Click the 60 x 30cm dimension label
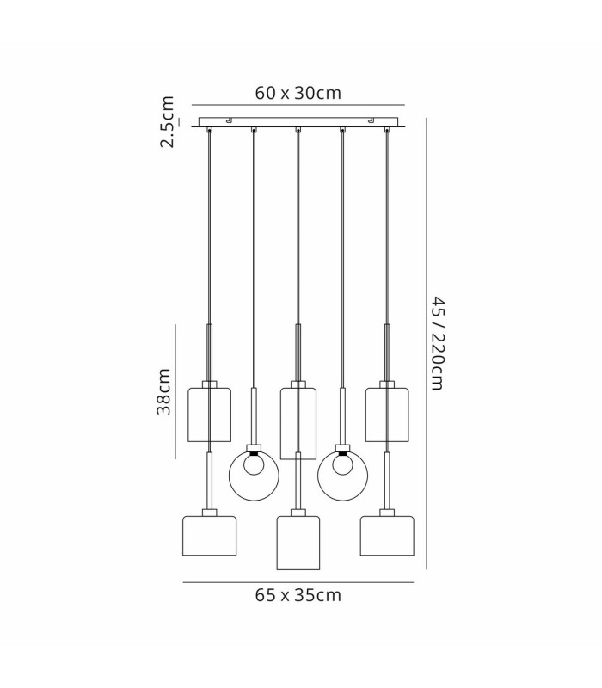click(x=298, y=93)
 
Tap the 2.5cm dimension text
click(x=167, y=121)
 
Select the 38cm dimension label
click(x=163, y=391)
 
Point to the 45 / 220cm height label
click(x=438, y=342)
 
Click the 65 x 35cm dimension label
click(x=298, y=595)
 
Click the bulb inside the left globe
click(x=254, y=465)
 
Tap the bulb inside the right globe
click(x=342, y=465)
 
